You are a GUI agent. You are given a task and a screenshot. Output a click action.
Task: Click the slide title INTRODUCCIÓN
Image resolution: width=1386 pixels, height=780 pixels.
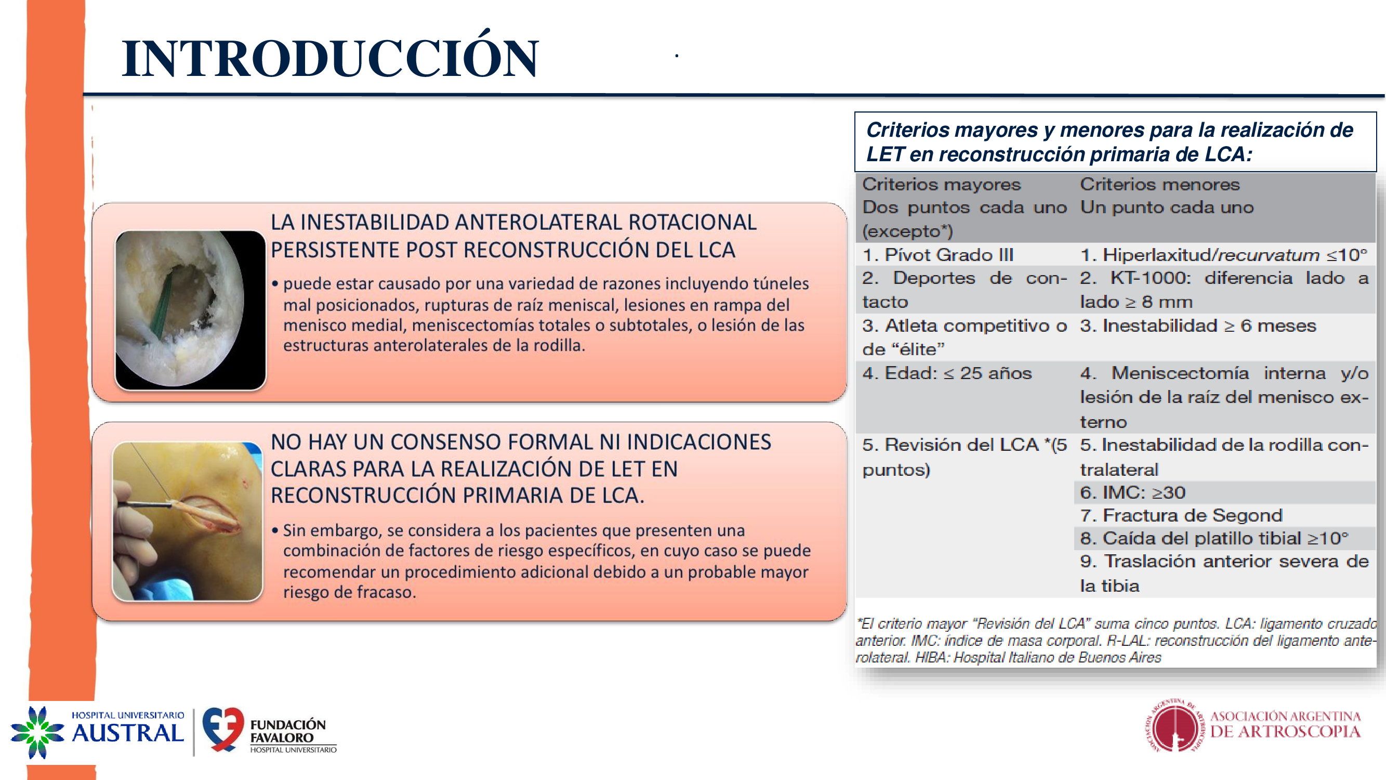pos(330,58)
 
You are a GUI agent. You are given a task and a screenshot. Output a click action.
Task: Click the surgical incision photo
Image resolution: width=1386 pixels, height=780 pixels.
pos(187,521)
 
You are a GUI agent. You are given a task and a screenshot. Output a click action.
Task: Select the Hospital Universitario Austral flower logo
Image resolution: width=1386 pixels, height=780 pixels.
pos(36,732)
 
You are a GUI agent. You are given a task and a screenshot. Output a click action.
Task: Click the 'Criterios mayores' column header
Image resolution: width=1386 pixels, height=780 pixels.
pos(941,185)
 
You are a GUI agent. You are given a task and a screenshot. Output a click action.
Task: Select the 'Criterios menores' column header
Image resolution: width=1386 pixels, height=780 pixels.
pos(1159,185)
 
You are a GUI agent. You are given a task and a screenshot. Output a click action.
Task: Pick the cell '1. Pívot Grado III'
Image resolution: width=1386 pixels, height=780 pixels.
pos(938,255)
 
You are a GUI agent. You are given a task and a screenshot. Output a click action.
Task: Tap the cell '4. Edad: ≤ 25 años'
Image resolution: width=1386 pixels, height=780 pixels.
pos(947,373)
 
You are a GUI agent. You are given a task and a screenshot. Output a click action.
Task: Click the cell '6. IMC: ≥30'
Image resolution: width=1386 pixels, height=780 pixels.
pos(1132,492)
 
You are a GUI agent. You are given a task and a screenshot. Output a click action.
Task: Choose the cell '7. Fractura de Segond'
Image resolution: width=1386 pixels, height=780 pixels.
pos(1181,515)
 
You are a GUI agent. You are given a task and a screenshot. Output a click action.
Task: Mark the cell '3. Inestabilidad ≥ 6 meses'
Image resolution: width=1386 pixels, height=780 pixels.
pos(1198,326)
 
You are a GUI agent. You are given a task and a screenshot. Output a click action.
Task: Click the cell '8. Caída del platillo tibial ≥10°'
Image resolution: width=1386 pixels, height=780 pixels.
pos(1214,538)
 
